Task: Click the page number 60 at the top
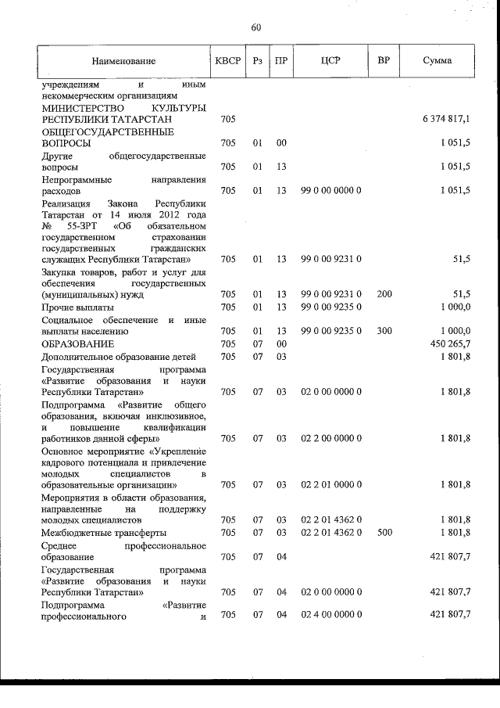[x=255, y=28]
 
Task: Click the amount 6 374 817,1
[x=446, y=119]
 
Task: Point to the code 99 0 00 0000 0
[x=330, y=191]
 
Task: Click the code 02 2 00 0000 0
[x=330, y=439]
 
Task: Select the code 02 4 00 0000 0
[x=330, y=616]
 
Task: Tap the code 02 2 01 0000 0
[x=330, y=485]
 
